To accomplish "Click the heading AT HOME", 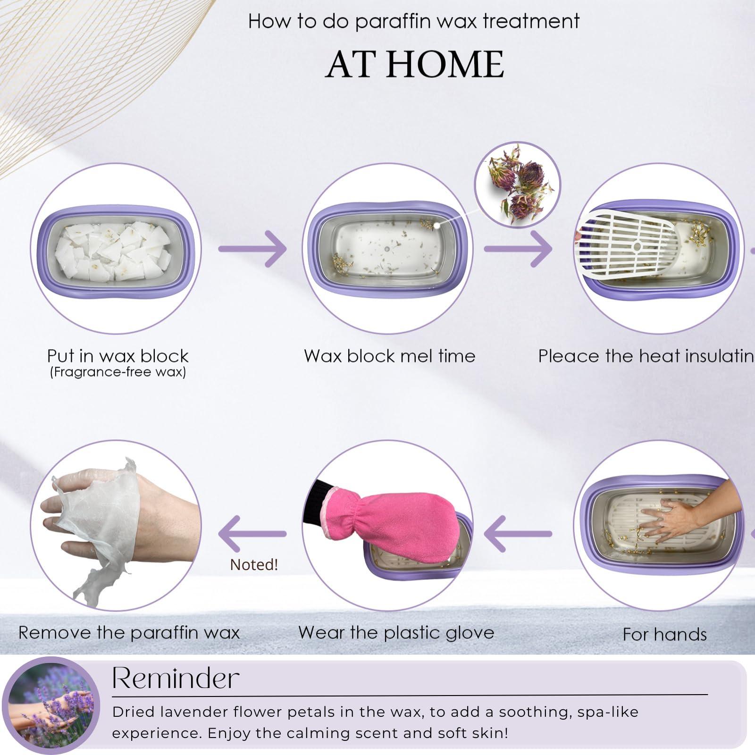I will (x=415, y=65).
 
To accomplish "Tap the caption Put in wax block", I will (x=117, y=356).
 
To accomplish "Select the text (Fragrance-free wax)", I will (x=117, y=372).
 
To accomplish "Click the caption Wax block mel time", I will (x=389, y=356).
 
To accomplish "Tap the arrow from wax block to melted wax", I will (x=252, y=249).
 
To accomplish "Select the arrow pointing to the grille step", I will (x=518, y=249).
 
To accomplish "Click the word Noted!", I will (x=254, y=564).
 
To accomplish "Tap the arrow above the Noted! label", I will (x=252, y=534).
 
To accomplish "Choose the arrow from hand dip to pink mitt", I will (x=518, y=534).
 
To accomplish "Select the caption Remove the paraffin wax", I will (x=129, y=633).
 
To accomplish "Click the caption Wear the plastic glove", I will (x=396, y=633).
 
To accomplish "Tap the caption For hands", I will (x=664, y=635).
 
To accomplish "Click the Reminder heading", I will (x=176, y=679).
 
